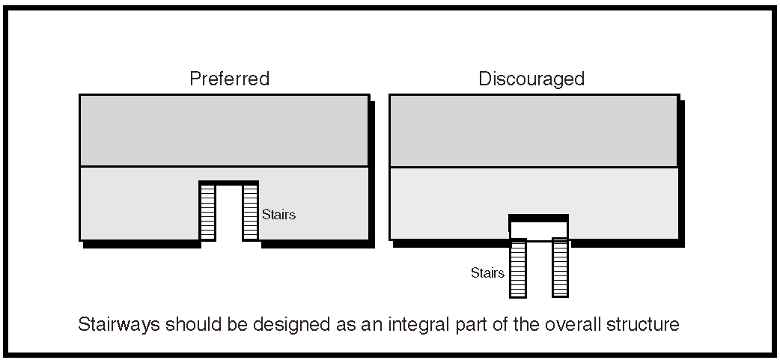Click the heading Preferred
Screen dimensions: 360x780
[x=229, y=79]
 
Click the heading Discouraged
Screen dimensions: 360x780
[x=531, y=79]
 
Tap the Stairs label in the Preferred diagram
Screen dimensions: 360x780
[x=278, y=215]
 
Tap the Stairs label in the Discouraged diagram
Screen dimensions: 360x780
[x=487, y=272]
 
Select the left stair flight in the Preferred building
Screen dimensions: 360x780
[x=207, y=213]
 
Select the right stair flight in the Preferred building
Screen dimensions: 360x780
[x=250, y=213]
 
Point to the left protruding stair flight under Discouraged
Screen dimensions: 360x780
[x=518, y=267]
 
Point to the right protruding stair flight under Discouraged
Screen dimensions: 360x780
[x=560, y=267]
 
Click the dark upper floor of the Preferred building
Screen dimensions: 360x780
[x=224, y=130]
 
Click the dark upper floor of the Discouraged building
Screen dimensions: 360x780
[x=534, y=130]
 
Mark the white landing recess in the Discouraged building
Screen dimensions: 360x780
[x=539, y=230]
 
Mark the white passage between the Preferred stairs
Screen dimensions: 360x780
[x=229, y=213]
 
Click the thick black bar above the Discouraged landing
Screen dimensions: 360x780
[x=538, y=217]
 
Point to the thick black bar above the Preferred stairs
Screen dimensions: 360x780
[x=228, y=183]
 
